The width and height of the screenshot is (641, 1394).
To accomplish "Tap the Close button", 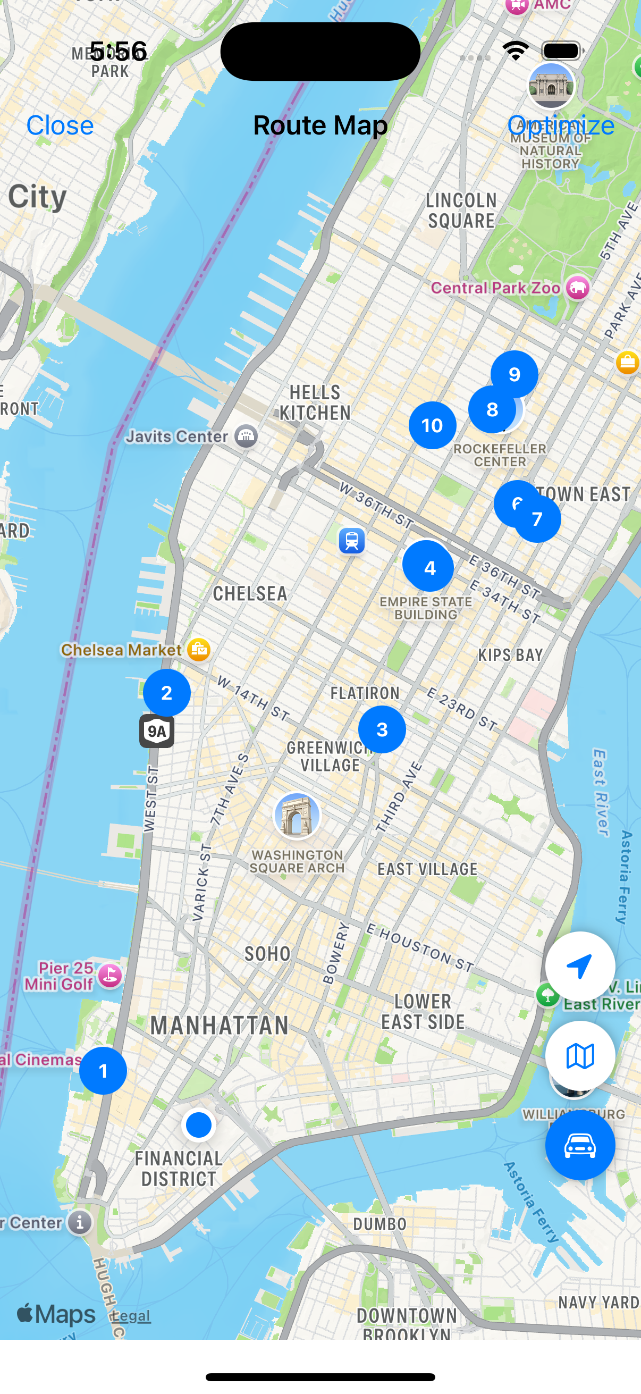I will (60, 125).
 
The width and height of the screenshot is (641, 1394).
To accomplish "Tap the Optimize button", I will (560, 125).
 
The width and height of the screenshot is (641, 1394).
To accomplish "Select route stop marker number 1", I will (103, 1070).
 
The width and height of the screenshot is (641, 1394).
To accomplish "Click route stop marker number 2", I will (166, 693).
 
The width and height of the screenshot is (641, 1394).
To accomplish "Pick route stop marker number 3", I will (382, 729).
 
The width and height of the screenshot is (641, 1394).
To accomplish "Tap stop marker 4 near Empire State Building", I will (428, 566).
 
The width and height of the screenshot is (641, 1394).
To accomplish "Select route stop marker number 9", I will (515, 373).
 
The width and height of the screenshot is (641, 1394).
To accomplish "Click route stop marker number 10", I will (432, 425).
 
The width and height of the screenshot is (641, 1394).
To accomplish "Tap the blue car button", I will (580, 1145).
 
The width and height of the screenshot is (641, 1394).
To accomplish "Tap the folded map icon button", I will (580, 1056).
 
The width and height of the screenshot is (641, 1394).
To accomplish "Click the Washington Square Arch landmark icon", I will (297, 816).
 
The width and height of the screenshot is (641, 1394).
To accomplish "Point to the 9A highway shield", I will (157, 731).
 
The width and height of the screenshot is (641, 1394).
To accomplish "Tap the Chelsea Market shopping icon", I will (199, 649).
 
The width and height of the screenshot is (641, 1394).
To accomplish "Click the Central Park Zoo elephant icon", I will (578, 288).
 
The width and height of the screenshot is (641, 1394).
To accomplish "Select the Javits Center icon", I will (246, 435).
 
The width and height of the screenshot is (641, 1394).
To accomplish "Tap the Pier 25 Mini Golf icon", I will (111, 976).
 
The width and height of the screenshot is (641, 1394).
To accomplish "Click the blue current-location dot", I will (199, 1124).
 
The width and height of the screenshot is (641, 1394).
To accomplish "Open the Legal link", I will (131, 1315).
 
